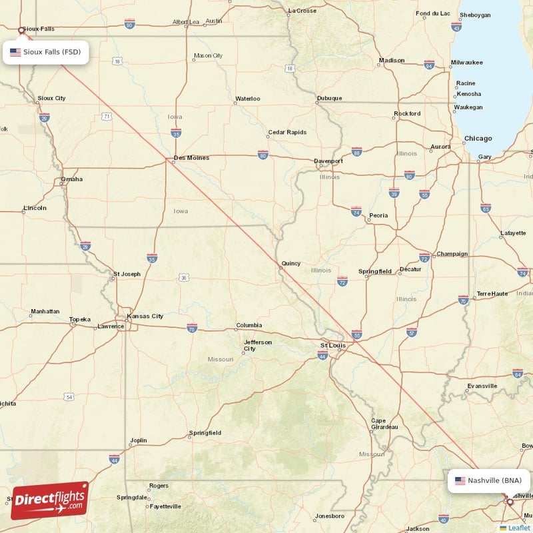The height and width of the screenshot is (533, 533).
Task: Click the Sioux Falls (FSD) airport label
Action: [x=46, y=52]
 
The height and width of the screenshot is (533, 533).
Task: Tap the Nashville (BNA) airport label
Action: [x=490, y=480]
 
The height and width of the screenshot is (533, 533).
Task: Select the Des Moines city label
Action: [x=191, y=158]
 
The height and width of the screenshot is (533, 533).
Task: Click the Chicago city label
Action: [x=478, y=139]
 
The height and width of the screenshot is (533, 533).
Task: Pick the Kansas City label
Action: [x=145, y=316]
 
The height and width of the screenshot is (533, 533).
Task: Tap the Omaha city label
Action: [x=72, y=179]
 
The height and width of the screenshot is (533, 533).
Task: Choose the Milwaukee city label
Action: [x=466, y=62]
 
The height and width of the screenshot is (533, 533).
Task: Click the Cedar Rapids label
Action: [x=287, y=132]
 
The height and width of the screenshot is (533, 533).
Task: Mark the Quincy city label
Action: [x=290, y=263]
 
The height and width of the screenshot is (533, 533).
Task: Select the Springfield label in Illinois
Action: [x=375, y=271]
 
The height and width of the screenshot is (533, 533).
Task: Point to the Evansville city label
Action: [x=482, y=386]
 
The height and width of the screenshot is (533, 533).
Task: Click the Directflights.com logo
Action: [x=50, y=500]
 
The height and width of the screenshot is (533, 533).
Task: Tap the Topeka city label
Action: [x=79, y=319]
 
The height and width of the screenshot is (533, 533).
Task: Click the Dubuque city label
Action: [x=329, y=98]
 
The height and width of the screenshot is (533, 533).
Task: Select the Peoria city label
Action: [x=378, y=215]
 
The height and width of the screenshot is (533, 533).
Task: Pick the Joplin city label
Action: [x=139, y=440]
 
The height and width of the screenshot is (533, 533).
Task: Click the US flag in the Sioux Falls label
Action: [x=15, y=52]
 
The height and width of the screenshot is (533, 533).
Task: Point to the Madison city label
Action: [x=391, y=61]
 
